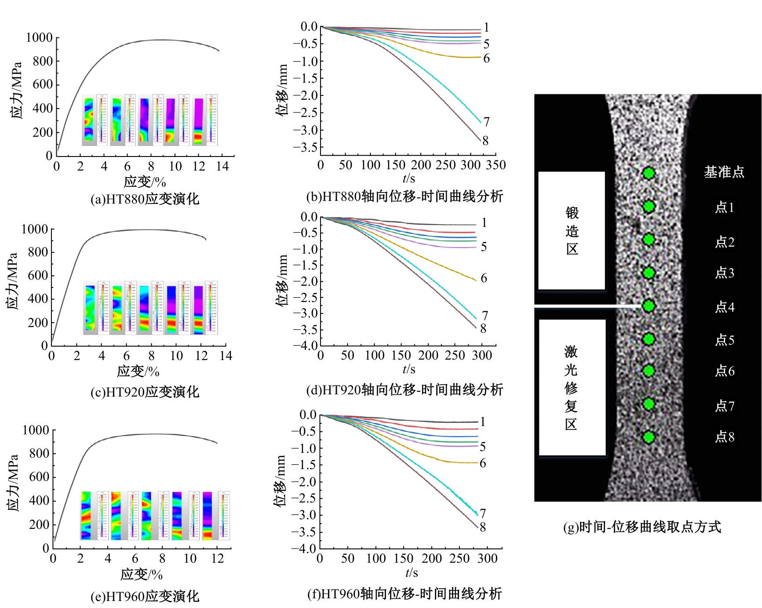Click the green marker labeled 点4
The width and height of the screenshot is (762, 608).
point(649,306)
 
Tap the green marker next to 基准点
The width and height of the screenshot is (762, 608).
point(649,173)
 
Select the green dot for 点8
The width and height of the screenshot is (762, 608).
point(649,437)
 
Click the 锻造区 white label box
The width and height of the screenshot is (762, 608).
point(572,230)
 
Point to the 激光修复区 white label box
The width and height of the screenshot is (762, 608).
point(572,387)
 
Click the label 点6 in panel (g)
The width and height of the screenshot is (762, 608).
point(725,371)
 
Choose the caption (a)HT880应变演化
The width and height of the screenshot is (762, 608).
point(145,199)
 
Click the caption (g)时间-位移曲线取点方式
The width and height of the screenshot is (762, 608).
point(642,527)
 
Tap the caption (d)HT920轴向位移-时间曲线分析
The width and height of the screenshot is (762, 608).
point(405,390)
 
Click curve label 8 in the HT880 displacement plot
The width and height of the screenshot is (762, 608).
point(485,141)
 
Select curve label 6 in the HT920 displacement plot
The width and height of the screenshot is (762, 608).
point(484,278)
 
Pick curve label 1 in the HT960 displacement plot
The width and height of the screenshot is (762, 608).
point(482,422)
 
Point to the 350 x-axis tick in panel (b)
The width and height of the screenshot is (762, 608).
point(496,165)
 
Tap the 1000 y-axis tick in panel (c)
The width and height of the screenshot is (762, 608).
point(35,229)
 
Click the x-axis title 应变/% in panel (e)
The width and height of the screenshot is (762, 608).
point(142,574)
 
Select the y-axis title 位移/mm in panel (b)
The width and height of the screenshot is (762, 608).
point(282,90)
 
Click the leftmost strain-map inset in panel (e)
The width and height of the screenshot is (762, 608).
point(86,516)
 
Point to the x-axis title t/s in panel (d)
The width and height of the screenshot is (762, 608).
point(409,369)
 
